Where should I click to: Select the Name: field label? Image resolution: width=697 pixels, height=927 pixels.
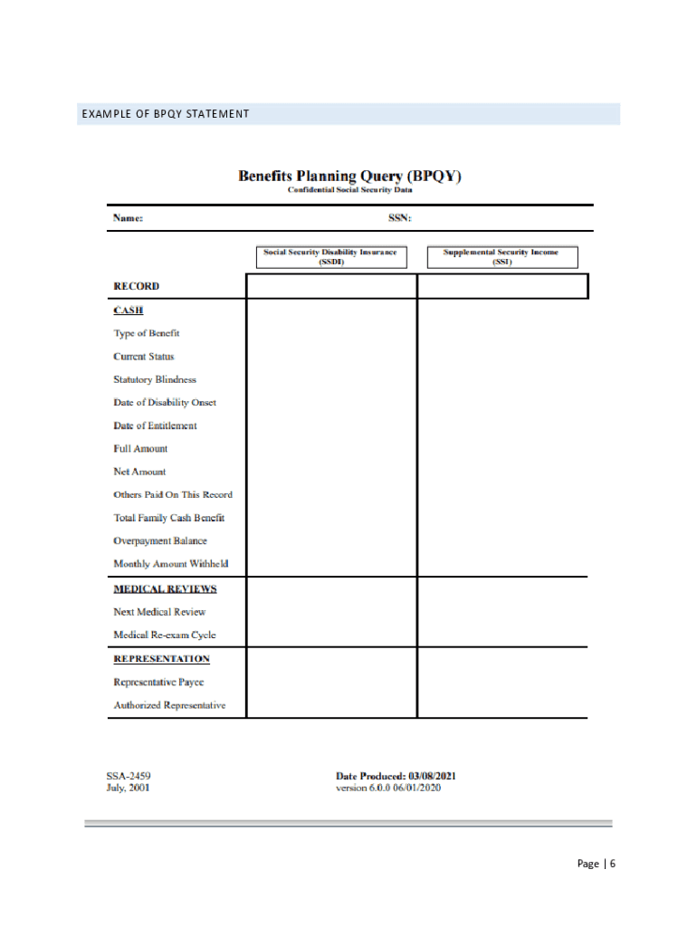point(128,218)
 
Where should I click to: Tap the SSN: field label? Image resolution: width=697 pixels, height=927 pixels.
point(400,218)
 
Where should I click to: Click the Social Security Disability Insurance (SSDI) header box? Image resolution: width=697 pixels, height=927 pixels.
point(330,257)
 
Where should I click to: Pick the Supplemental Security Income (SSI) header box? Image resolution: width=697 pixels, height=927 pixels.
point(501,257)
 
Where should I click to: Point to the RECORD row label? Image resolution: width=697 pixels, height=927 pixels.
point(136,286)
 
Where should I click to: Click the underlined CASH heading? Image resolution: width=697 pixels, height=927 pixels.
point(128,310)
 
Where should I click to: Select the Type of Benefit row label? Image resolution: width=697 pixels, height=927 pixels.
point(147,333)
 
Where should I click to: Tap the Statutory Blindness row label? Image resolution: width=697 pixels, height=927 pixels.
point(155,379)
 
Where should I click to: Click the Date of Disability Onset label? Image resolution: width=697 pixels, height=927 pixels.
point(165,403)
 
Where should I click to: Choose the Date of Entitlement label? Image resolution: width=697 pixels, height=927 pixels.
point(155,425)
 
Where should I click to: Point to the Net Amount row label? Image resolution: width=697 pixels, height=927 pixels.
point(139,472)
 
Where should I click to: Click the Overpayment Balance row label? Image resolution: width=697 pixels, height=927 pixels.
point(160,540)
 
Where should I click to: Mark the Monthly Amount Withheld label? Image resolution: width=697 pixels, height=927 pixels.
point(171,564)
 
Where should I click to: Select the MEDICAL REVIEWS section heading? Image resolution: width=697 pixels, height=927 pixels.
point(165,588)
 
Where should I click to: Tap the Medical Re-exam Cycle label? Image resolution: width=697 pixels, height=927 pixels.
point(165,635)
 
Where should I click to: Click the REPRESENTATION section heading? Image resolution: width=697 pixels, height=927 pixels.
point(161,658)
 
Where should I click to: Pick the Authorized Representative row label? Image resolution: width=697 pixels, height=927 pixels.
point(169,705)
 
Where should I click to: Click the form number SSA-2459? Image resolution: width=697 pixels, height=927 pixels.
point(129,776)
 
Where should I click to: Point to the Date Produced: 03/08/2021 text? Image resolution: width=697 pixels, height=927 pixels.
point(396,776)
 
